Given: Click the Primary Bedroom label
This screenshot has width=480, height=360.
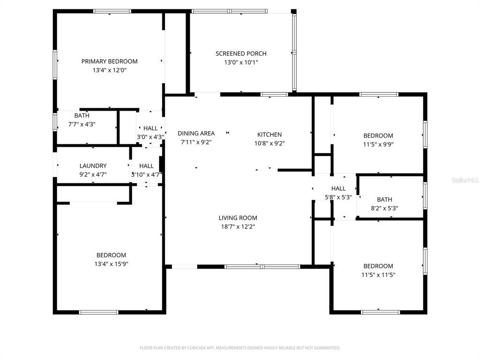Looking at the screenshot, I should coord(109,61).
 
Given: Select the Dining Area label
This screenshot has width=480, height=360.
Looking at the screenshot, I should coord(196,134).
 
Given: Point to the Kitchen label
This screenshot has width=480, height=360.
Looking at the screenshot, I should coord(270,135).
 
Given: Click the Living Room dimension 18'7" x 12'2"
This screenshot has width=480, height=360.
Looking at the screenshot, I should coord(238,226).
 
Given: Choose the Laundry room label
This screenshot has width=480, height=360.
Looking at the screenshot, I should coord(93,166).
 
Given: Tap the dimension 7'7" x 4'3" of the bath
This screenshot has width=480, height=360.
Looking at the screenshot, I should coord(82,124).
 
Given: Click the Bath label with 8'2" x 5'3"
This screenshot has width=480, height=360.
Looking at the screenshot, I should coord(384,200).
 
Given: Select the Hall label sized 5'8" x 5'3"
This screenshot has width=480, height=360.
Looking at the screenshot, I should coord(338,188).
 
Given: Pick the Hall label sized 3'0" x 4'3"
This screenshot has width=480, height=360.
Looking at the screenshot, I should coord(150,128).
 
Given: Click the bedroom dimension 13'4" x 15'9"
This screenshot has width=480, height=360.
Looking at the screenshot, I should coord(111,264).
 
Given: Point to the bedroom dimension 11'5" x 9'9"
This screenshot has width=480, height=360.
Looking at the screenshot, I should coord(378,144).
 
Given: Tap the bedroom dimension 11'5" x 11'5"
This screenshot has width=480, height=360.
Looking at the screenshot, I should coord(378,275).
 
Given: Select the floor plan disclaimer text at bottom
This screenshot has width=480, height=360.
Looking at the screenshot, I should coord(240,348).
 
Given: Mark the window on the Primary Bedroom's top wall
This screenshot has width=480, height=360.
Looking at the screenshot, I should coord(112,11).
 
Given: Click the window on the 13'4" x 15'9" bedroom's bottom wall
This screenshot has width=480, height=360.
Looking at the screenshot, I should coord(98,312).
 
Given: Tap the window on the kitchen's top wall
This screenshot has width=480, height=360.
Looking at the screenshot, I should coord(274,95).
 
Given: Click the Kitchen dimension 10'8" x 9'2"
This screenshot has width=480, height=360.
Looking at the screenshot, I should coord(270,143).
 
